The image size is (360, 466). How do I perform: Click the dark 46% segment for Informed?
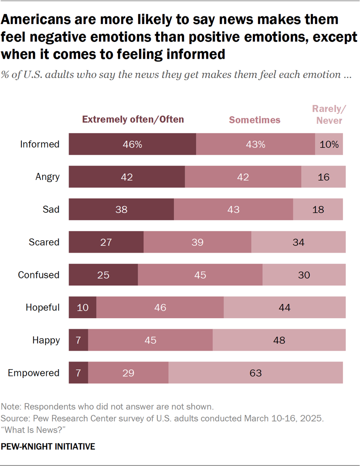(x=132, y=144)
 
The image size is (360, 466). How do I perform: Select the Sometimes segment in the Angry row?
(x=243, y=177)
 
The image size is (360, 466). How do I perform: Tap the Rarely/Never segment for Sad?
(x=318, y=209)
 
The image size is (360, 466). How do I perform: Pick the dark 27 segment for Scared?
(x=106, y=242)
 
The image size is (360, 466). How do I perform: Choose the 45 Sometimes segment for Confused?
(x=200, y=275)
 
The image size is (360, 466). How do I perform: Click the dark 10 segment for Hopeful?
(x=83, y=307)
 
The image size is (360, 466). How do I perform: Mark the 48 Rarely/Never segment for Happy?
(x=279, y=340)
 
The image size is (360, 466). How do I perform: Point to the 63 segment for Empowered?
(x=255, y=373)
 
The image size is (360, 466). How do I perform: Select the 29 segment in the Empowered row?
(x=128, y=373)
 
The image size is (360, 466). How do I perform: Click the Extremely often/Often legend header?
(x=133, y=119)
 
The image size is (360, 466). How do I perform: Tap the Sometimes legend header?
(x=255, y=120)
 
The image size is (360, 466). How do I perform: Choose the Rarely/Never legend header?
(x=329, y=115)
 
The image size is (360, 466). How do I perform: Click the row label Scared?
(x=44, y=242)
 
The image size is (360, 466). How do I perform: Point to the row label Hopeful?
(x=42, y=307)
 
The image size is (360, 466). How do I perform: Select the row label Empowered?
(x=34, y=373)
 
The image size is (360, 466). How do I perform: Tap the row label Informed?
(x=40, y=144)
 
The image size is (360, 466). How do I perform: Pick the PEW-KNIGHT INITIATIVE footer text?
(x=48, y=447)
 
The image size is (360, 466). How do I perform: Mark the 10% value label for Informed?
(x=329, y=144)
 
